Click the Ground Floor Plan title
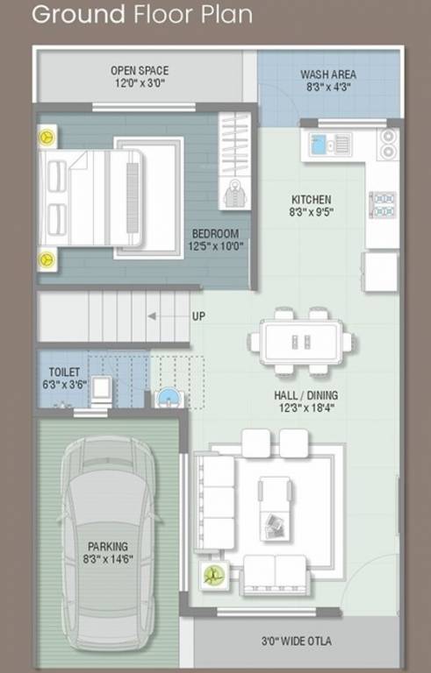click(141, 15)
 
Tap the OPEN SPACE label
click(140, 71)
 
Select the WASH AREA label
click(327, 75)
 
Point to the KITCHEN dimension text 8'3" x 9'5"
click(311, 212)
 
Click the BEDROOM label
click(215, 234)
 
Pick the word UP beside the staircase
click(198, 316)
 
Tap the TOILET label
click(64, 372)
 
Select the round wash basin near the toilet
click(168, 399)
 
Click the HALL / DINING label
click(305, 395)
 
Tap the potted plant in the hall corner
click(211, 574)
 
